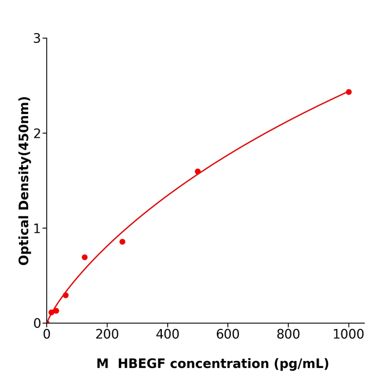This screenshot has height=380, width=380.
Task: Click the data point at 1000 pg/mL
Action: pos(349,92)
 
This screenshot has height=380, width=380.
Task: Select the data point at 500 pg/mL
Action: pos(198,172)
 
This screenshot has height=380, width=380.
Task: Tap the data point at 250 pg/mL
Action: pos(122,242)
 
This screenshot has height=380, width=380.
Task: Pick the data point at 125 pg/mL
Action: pos(85,257)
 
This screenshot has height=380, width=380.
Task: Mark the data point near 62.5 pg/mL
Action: pos(66,295)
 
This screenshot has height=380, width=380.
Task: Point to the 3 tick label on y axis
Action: pos(37,39)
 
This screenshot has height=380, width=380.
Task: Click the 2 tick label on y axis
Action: pos(37,134)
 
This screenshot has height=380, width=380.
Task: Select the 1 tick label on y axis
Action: pos(37,229)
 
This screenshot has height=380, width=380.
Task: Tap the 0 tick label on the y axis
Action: pos(37,324)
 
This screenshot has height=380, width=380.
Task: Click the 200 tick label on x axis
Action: pos(107,335)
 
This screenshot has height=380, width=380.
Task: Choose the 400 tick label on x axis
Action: pos(167,335)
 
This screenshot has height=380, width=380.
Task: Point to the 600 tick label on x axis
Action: pos(227,335)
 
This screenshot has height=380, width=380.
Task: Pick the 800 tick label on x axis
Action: pos(288,335)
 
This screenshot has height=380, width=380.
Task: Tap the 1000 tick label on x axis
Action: pos(349,335)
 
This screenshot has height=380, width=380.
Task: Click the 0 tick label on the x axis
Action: pos(47,335)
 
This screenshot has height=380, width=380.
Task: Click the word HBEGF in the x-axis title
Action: pos(143,364)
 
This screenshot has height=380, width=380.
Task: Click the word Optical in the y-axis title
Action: pos(24,240)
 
